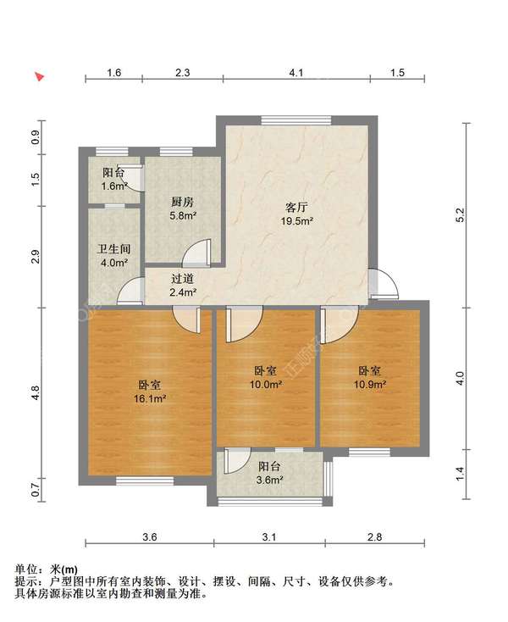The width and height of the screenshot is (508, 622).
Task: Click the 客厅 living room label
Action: click(295, 206)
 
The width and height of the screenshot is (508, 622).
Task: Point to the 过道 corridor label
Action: click(183, 278)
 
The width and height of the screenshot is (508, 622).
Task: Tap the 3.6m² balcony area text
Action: click(270, 480)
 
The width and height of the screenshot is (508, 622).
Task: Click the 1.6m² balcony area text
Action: click(114, 186)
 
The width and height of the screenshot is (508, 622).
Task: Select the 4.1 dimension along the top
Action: click(295, 74)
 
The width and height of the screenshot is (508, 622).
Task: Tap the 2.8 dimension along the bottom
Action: click(374, 536)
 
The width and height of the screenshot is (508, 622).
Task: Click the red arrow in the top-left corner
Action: click(39, 76)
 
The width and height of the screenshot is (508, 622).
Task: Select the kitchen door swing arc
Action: click(197, 253)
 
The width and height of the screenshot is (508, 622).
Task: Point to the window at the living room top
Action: click(284, 119)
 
